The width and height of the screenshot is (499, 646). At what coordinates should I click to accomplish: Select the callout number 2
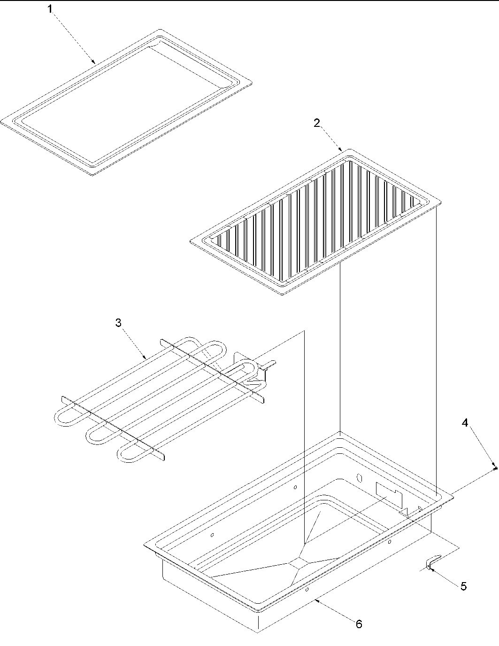317,123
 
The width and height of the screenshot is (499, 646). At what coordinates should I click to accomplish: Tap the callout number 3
118,323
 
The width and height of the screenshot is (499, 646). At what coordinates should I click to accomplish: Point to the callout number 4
465,423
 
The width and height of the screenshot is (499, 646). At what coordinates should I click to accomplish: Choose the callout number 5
463,586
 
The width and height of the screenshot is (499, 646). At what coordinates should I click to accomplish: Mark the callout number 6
359,624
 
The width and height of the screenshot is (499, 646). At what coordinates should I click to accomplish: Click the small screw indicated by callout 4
495,468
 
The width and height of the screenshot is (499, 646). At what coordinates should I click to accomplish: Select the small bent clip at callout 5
433,561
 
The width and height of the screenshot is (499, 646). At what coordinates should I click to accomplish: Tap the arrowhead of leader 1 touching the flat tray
95,62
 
